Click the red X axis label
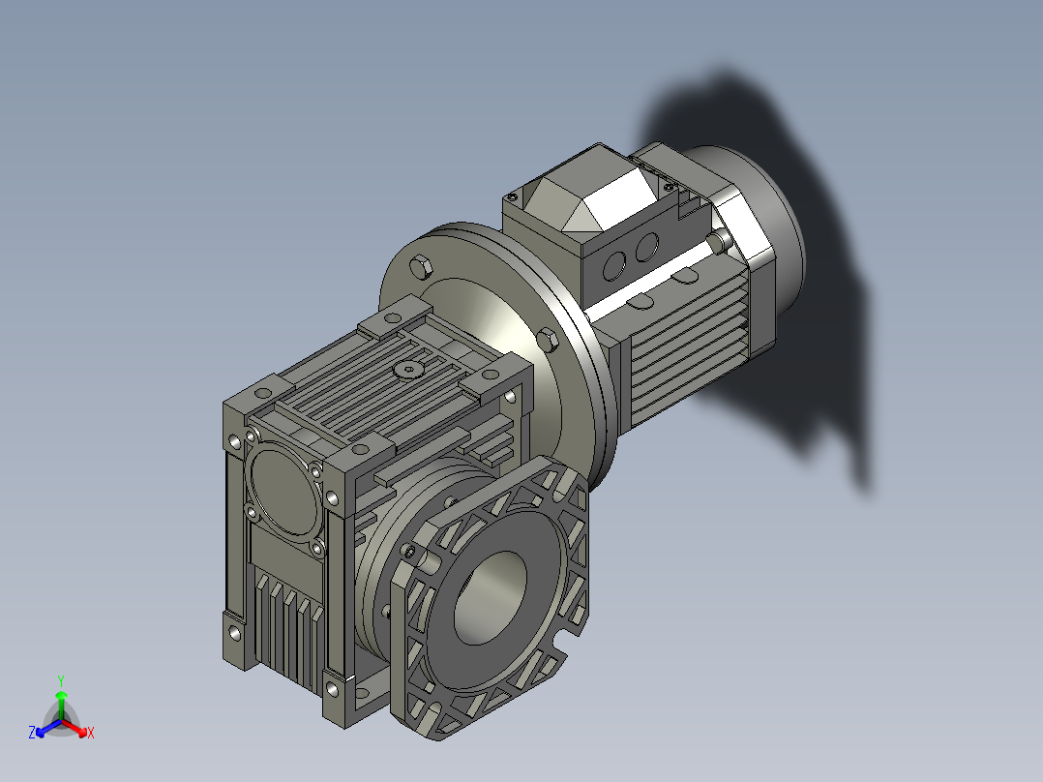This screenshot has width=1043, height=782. tap(90, 734)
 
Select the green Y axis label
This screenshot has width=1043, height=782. tap(60, 680)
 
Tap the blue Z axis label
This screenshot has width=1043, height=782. tap(32, 734)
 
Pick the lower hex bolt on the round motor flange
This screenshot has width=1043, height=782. tap(547, 340)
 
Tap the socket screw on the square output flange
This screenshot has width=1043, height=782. tap(411, 553)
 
